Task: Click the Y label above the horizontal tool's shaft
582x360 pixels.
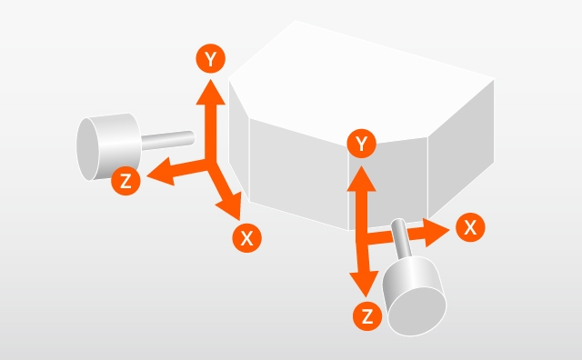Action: (210, 59)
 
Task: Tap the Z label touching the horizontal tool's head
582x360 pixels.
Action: (125, 181)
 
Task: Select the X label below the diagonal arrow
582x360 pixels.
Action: (246, 238)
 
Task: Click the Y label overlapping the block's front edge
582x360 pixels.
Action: (362, 144)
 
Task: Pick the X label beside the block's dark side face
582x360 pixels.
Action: (470, 227)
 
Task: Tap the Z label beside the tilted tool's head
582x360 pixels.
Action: (367, 316)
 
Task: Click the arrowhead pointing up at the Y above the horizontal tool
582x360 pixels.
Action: (210, 92)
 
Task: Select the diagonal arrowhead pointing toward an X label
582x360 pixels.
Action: (231, 205)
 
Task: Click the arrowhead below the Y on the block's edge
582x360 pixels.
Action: (361, 179)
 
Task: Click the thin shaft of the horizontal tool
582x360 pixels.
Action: (167, 140)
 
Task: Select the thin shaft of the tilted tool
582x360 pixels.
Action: (401, 238)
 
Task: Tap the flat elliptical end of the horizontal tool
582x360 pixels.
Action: (88, 149)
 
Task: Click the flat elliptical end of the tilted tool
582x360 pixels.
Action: (416, 312)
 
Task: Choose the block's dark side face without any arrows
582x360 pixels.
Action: (461, 149)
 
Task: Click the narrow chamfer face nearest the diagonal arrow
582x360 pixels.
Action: (238, 141)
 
